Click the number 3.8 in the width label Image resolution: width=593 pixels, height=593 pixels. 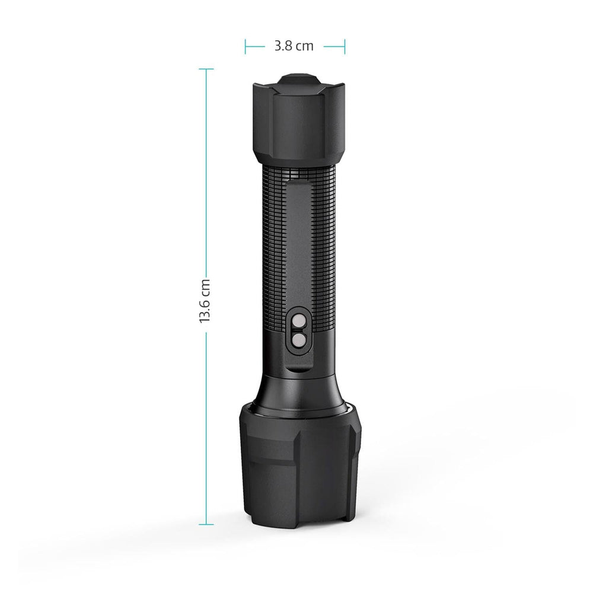point(283,46)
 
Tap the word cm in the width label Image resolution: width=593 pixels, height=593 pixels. point(304,46)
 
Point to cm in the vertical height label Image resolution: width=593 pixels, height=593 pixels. point(205,286)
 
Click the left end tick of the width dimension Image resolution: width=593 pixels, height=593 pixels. point(245,46)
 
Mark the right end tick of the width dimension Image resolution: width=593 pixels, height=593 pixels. point(345,46)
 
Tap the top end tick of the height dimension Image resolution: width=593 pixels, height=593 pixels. point(206,69)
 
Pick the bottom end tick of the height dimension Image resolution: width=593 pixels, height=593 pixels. point(206,524)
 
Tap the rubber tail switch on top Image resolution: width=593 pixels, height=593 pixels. point(299,81)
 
